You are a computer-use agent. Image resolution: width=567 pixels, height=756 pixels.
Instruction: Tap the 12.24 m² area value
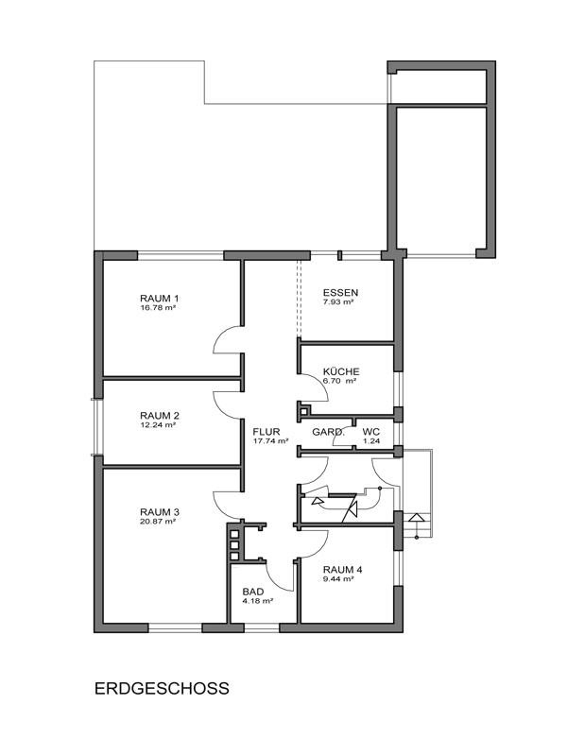click(x=158, y=425)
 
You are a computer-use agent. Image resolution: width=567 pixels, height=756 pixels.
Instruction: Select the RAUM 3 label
click(x=160, y=512)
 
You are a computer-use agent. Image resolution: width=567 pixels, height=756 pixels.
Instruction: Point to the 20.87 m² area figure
click(x=158, y=522)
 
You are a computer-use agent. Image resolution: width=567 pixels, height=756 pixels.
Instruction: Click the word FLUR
click(x=266, y=432)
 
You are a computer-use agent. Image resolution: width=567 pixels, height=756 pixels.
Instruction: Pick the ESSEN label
click(x=340, y=293)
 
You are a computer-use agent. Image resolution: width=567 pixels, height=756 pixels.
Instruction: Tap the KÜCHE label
click(x=341, y=371)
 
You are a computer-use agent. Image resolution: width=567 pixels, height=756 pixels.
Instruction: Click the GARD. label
click(x=328, y=432)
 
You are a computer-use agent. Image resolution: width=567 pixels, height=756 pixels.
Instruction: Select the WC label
click(x=371, y=432)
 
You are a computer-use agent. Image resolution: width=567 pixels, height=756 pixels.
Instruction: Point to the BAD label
click(x=253, y=592)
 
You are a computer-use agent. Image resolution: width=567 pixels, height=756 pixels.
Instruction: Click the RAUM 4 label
click(x=343, y=570)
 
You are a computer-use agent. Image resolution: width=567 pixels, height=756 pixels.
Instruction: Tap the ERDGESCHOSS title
click(x=162, y=688)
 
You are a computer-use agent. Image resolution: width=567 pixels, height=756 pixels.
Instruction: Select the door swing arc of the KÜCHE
click(x=320, y=393)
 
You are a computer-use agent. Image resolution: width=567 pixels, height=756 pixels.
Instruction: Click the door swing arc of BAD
click(x=275, y=582)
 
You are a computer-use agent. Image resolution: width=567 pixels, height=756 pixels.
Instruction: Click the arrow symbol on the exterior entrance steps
click(x=417, y=518)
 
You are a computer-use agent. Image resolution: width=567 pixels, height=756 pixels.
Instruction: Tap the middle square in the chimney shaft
click(x=234, y=545)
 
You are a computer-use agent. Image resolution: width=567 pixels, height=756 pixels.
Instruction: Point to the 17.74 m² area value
click(x=270, y=440)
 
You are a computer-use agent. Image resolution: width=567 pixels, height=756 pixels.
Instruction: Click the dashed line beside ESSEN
click(x=299, y=298)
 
